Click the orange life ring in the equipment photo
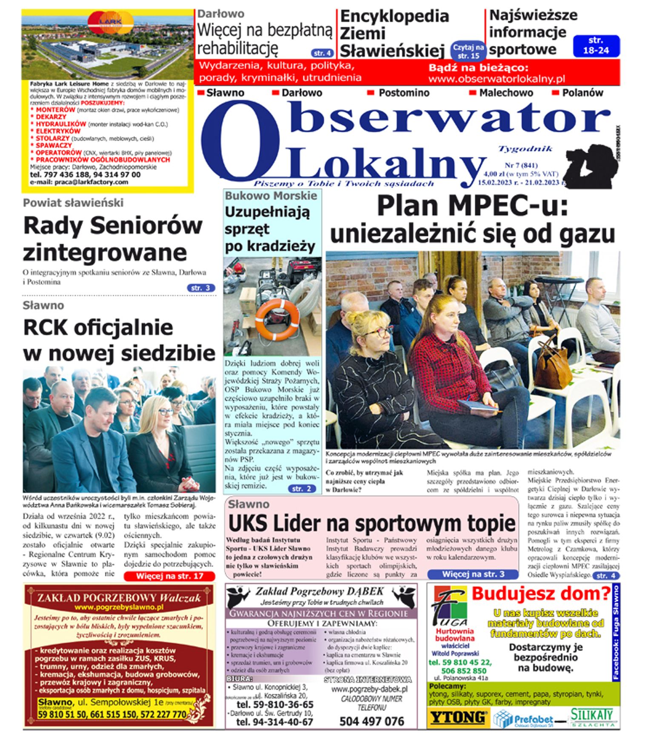(277, 319)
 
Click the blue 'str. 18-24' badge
(596, 45)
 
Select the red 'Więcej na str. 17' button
(169, 576)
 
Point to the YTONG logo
(458, 718)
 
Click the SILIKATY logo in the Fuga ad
(592, 717)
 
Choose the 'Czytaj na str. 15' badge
(468, 51)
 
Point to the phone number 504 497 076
(371, 721)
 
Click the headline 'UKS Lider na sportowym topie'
(371, 523)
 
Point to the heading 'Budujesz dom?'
(541, 594)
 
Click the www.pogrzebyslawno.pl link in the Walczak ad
(119, 607)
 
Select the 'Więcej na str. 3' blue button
(473, 574)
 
